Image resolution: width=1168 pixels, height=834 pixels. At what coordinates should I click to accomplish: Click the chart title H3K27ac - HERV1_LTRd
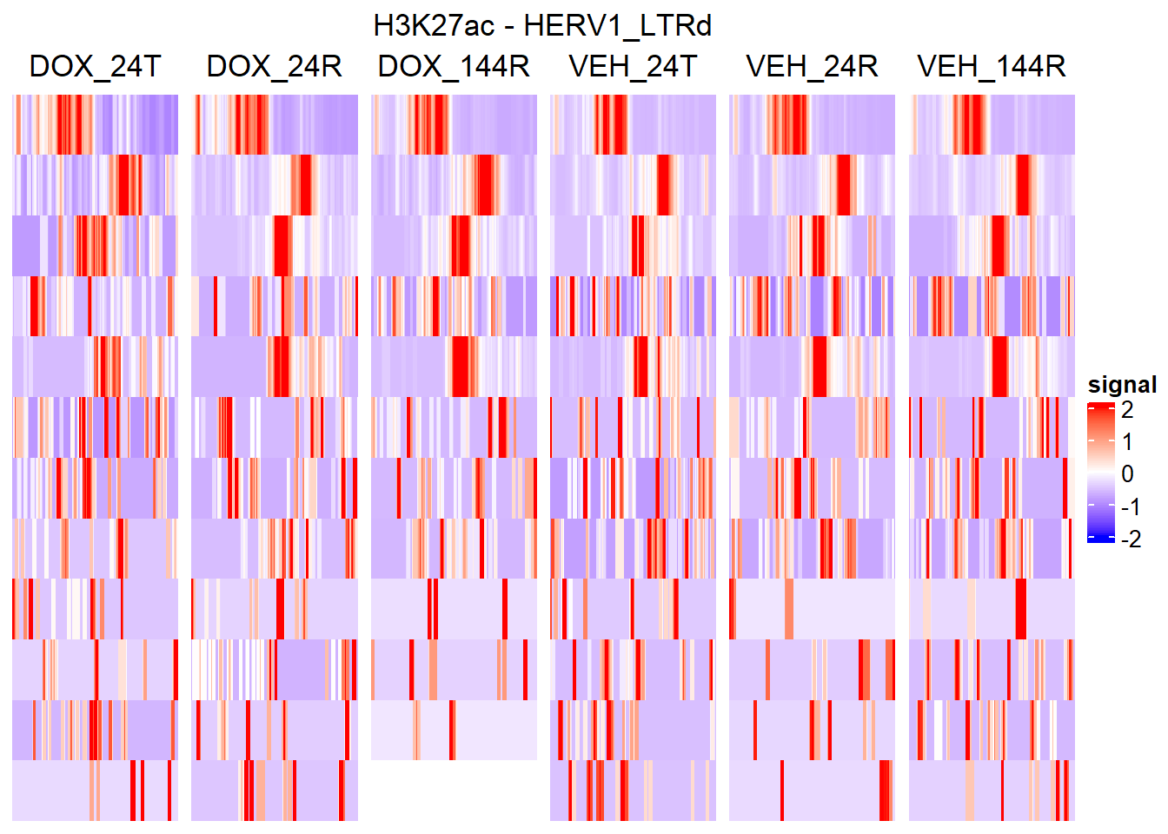[x=542, y=26]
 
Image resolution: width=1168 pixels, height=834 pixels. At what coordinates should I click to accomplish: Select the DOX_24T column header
[x=95, y=66]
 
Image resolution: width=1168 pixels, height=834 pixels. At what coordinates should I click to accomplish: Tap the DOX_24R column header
[x=274, y=66]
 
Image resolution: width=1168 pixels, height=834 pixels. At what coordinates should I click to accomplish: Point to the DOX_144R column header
[x=454, y=66]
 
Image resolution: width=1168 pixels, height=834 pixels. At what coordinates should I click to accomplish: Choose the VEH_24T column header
[x=633, y=66]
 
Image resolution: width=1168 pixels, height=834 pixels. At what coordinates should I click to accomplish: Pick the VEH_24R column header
[x=812, y=66]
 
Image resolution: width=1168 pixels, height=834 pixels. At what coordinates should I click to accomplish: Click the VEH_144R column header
[x=992, y=66]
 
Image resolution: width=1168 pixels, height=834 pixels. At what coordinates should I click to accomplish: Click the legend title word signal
[x=1122, y=385]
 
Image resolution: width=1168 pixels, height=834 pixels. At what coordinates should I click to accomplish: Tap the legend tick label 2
[x=1127, y=410]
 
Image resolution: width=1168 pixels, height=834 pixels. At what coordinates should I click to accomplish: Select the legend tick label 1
[x=1127, y=442]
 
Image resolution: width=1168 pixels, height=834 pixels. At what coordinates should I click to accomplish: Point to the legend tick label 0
[x=1127, y=474]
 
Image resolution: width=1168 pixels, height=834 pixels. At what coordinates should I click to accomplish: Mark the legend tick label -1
[x=1131, y=507]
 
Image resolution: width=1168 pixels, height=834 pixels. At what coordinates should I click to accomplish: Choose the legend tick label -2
[x=1131, y=539]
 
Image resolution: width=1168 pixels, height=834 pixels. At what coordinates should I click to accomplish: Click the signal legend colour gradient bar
[x=1100, y=473]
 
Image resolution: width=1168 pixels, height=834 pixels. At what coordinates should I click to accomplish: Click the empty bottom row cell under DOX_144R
[x=454, y=791]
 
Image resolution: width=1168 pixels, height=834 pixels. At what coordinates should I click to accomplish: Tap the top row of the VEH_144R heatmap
[x=992, y=124]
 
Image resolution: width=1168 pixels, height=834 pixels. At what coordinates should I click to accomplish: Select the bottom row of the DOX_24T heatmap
[x=95, y=791]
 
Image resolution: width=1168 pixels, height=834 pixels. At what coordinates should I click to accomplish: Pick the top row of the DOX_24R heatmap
[x=274, y=124]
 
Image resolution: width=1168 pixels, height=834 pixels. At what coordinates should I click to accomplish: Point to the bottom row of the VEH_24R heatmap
[x=812, y=791]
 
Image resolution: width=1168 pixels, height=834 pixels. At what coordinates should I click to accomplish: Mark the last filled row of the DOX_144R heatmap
[x=454, y=730]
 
